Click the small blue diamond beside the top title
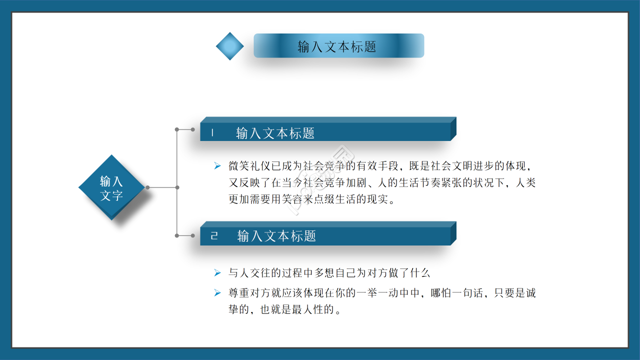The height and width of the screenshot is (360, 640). click(x=229, y=46)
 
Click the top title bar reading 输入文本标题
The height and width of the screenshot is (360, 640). click(x=338, y=46)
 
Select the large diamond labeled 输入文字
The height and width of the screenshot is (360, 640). click(x=111, y=187)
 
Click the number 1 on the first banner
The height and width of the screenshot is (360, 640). click(x=212, y=133)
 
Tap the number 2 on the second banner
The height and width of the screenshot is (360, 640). click(x=214, y=235)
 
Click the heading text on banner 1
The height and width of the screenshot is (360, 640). click(x=275, y=133)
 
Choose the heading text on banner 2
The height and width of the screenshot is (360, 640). click(x=276, y=235)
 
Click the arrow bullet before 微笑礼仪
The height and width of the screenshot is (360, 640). click(x=217, y=165)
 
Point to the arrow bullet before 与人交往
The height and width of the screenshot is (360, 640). click(x=217, y=272)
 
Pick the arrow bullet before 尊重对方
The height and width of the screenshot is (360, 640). click(x=217, y=292)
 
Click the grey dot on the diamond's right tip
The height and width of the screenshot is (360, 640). click(x=147, y=187)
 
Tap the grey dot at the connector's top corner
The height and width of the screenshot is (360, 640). click(x=176, y=129)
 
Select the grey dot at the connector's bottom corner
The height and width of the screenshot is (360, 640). click(x=176, y=235)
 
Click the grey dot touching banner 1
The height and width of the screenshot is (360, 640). click(x=193, y=129)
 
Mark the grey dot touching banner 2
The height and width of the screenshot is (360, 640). click(x=193, y=235)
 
